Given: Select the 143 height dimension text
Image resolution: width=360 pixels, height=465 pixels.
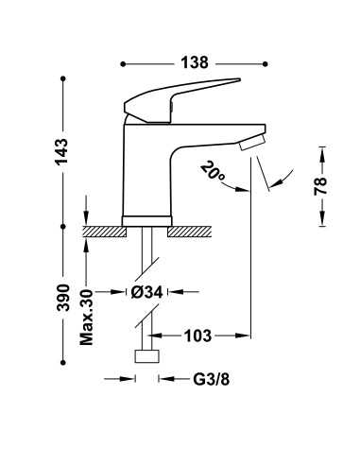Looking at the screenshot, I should click(63, 154).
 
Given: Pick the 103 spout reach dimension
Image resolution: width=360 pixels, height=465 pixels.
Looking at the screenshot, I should click(196, 335).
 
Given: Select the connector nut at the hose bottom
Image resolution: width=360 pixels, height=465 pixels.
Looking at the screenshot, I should click(147, 357).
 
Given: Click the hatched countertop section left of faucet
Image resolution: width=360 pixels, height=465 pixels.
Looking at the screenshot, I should click(102, 230).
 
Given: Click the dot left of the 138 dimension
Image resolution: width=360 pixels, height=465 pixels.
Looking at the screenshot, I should click(124, 64).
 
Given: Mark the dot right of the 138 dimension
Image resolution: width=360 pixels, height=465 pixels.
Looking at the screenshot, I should click(261, 64).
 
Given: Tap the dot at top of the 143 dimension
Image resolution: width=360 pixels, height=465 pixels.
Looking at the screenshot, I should click(63, 76).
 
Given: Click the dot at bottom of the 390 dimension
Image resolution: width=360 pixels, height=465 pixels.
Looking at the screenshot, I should click(63, 360).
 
